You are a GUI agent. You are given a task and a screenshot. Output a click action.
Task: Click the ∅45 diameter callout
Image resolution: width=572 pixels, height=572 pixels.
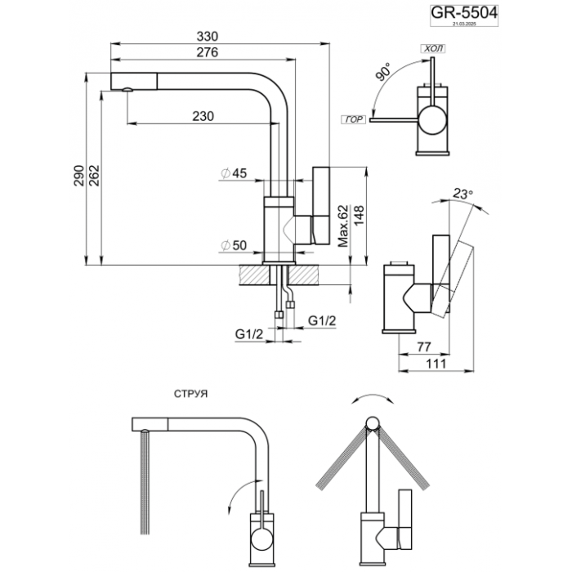pyautogui.click(x=234, y=173)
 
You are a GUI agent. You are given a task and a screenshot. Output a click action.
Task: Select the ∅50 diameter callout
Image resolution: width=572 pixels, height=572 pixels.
pyautogui.click(x=234, y=245)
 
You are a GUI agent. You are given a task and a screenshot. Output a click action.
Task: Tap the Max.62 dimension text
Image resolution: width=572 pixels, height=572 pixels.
pyautogui.click(x=343, y=224)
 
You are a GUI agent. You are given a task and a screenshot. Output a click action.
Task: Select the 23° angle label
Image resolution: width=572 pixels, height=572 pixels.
pyautogui.click(x=463, y=194)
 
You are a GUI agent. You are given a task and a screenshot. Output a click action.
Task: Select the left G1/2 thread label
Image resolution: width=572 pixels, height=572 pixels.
pyautogui.click(x=247, y=334)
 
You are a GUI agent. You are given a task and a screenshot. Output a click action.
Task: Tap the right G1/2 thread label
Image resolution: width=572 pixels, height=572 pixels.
pyautogui.click(x=323, y=320)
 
